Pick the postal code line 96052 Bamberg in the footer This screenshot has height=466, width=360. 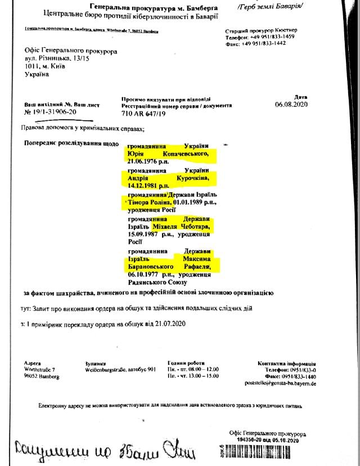tap(43, 376)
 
